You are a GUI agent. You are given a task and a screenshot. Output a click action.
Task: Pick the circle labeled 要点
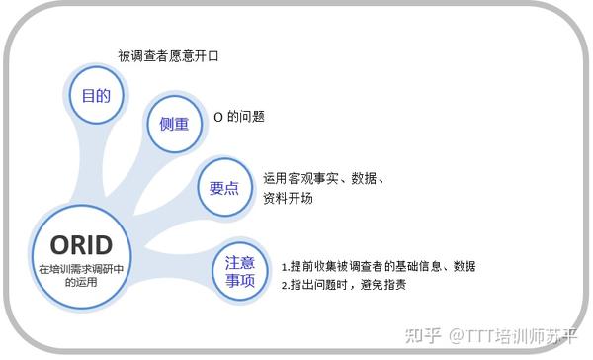click(224, 187)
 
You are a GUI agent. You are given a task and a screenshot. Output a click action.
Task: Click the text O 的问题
click(239, 117)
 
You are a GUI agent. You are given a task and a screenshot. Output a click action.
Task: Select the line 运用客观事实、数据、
click(323, 178)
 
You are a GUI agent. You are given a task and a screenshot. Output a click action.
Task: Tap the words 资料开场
click(288, 198)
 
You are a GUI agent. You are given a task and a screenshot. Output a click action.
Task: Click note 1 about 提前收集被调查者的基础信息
click(379, 266)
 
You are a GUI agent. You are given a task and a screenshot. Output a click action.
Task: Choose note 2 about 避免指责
click(344, 285)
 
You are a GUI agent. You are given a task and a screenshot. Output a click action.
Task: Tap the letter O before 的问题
click(217, 117)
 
